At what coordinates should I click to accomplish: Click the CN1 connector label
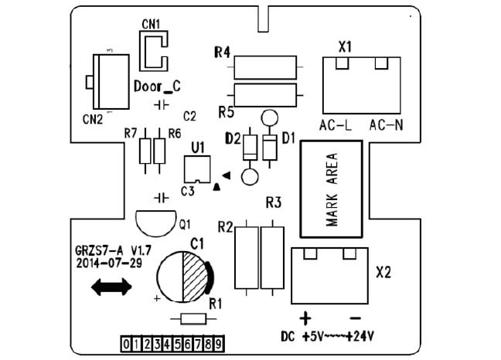click(151, 24)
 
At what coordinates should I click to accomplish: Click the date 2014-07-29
click(108, 263)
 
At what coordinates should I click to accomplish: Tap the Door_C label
click(157, 86)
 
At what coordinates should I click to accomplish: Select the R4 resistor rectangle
click(264, 67)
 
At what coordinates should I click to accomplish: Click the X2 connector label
click(384, 273)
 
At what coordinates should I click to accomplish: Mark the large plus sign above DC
click(305, 318)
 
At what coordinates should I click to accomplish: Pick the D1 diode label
click(289, 138)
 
